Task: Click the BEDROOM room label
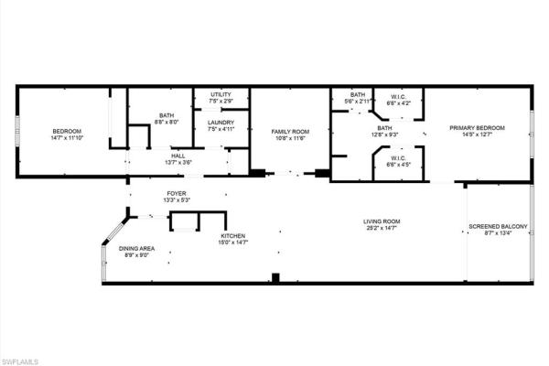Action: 67,131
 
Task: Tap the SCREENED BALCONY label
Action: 497,226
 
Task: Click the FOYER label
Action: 177,193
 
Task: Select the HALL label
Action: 178,156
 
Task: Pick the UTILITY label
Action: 221,94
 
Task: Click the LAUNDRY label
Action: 221,123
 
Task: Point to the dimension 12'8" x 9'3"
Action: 384,135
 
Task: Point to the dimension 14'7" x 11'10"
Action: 67,137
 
